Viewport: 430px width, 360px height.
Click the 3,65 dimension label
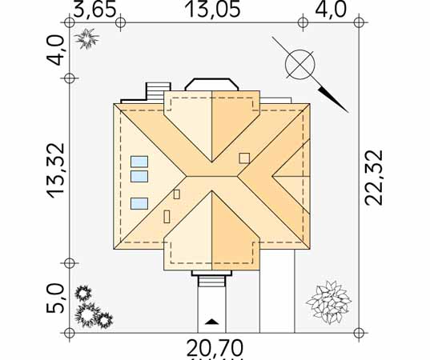[x=94, y=10]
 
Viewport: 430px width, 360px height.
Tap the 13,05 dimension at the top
[x=213, y=9]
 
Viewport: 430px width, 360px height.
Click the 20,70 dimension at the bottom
[x=215, y=348]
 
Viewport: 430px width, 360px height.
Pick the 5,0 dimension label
[x=55, y=298]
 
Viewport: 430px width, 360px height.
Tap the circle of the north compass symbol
[x=299, y=64]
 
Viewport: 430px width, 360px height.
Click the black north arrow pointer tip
[x=348, y=113]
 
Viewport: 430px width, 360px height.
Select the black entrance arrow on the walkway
[x=211, y=322]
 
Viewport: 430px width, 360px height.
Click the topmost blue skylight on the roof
[x=139, y=162]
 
